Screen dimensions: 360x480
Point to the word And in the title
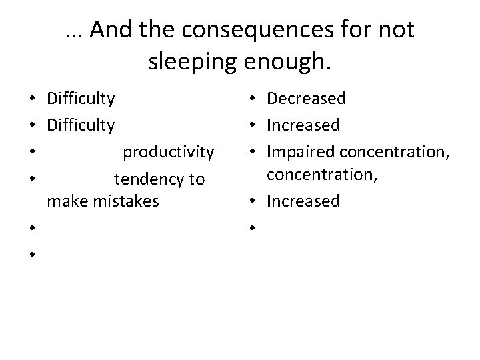(109, 29)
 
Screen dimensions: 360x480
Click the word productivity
(168, 152)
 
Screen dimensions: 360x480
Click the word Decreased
(306, 99)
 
